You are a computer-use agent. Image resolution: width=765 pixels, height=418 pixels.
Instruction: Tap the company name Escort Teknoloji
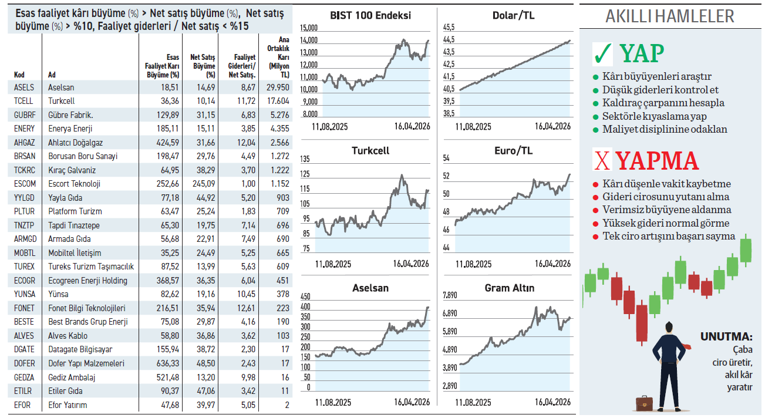pyautogui.click(x=74, y=184)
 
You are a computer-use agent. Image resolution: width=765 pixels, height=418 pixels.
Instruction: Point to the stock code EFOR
pyautogui.click(x=22, y=405)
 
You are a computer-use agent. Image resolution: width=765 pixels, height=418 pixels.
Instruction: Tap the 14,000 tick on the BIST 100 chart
pyautogui.click(x=308, y=41)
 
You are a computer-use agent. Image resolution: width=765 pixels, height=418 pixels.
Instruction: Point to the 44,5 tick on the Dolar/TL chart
pyautogui.click(x=449, y=40)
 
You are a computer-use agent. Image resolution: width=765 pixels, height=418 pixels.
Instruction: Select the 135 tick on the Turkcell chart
pyautogui.click(x=305, y=159)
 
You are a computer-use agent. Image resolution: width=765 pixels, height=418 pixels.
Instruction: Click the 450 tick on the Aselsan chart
pyautogui.click(x=305, y=297)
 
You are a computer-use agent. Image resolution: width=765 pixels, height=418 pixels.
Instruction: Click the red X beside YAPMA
pyautogui.click(x=602, y=160)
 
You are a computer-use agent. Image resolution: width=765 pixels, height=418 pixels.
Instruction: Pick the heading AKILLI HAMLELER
pyautogui.click(x=669, y=16)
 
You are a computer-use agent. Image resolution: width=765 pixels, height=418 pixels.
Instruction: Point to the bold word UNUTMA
pyautogui.click(x=726, y=338)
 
